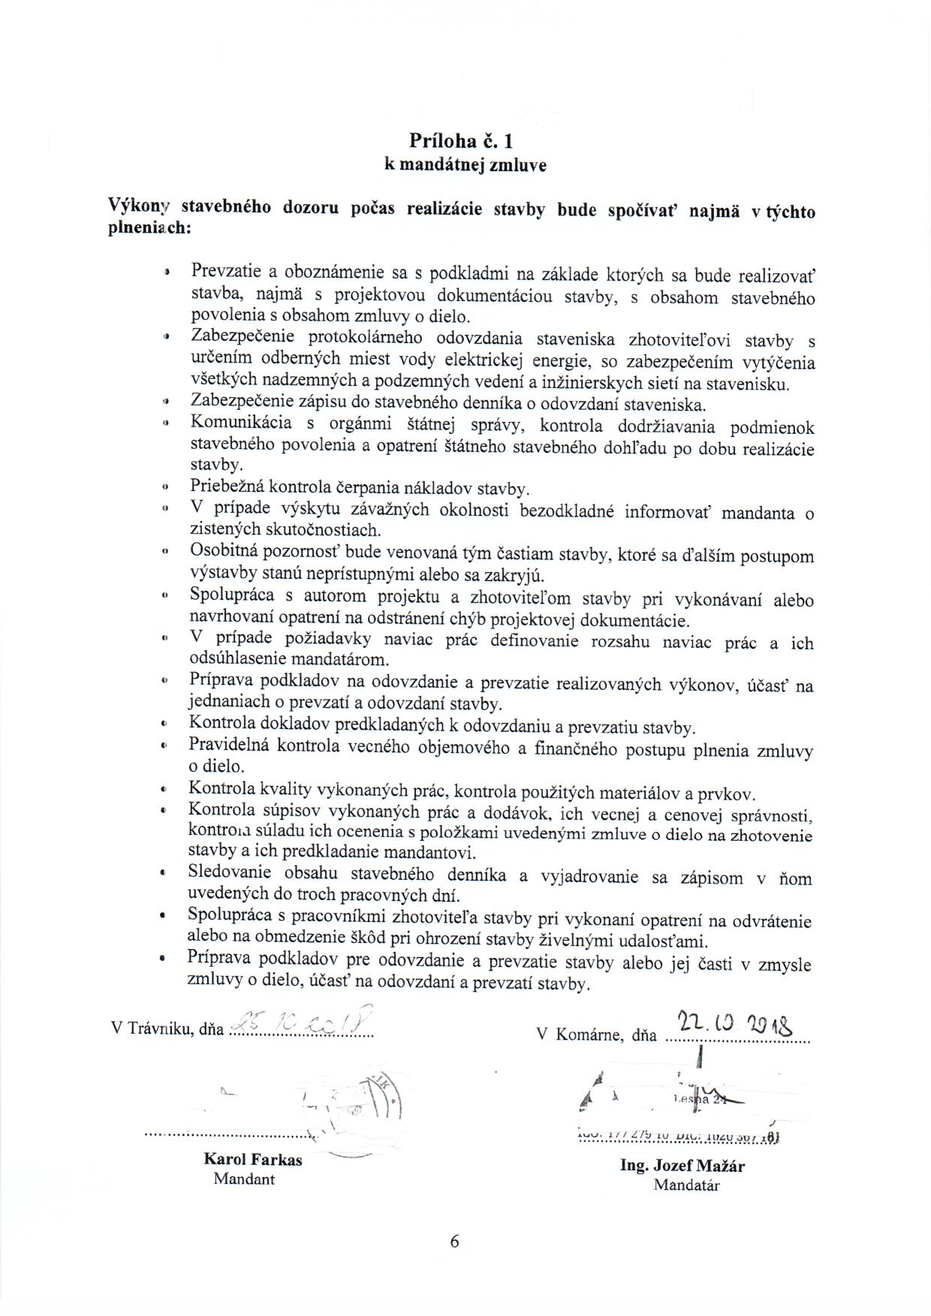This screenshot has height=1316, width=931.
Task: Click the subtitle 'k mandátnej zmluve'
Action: [x=465, y=166]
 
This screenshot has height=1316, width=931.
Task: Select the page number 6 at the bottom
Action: [x=454, y=1241]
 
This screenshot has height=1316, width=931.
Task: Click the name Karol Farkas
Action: [x=253, y=1159]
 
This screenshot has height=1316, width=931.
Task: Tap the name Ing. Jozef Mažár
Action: [x=682, y=1166]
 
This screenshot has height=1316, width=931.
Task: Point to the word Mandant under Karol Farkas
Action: [x=244, y=1179]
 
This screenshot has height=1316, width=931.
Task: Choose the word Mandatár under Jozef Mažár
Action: [x=686, y=1185]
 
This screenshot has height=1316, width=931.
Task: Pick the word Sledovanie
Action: [x=231, y=874]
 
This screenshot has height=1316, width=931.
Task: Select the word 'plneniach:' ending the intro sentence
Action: [x=149, y=228]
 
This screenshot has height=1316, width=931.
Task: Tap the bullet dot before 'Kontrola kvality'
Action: [x=163, y=791]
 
